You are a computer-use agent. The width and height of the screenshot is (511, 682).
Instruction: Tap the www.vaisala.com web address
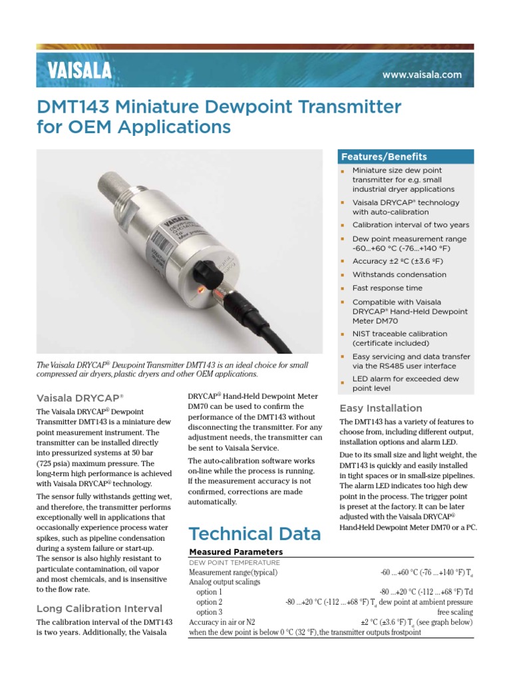tap(422, 75)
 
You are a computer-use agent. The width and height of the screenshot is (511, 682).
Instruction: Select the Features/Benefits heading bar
tap(407, 157)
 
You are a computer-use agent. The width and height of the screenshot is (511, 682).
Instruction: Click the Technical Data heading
tap(255, 533)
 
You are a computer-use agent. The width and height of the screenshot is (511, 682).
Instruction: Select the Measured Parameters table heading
tap(236, 552)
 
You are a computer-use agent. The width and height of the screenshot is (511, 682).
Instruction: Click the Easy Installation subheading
tap(381, 408)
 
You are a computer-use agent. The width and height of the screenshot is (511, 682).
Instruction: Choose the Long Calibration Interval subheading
tap(98, 608)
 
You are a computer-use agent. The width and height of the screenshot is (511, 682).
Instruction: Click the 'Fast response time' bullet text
tap(387, 288)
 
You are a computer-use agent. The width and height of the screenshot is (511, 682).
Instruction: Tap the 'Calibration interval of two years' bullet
tap(411, 225)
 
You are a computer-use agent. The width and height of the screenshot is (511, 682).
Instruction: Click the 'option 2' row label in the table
tap(210, 602)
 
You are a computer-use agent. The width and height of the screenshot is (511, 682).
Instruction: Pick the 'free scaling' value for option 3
tap(454, 612)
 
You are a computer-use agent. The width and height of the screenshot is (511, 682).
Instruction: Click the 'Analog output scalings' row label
tap(224, 581)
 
